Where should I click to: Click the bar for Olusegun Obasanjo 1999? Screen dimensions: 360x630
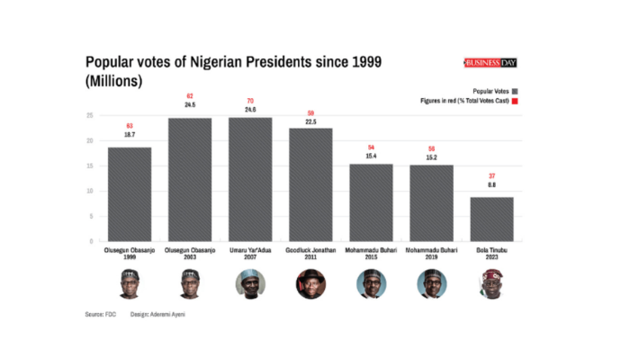tap(130, 193)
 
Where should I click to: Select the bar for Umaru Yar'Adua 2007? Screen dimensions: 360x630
tap(250, 179)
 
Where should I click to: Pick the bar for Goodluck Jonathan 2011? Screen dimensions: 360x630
tap(310, 184)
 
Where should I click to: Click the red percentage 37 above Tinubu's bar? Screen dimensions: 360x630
tap(491, 175)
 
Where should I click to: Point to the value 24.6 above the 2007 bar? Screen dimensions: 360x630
tap(250, 109)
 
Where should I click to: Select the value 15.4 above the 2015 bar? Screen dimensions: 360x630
tap(371, 156)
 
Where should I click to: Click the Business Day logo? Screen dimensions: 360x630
tap(495, 63)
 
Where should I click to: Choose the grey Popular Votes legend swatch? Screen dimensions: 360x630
tap(520, 92)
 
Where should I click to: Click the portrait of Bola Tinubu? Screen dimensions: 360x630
tap(491, 285)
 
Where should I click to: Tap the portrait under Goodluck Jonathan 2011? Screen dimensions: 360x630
tap(310, 285)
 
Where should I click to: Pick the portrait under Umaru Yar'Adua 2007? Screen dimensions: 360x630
tap(250, 285)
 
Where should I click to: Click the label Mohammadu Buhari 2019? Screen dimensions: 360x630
tap(431, 253)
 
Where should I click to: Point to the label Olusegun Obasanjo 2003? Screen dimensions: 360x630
tap(190, 253)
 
